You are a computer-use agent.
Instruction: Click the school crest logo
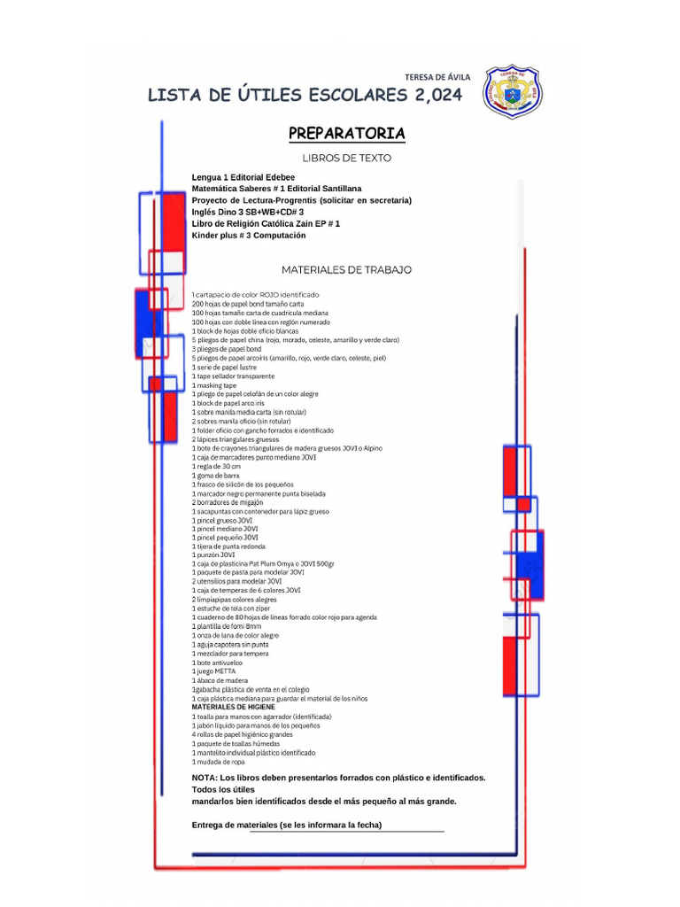tap(514, 91)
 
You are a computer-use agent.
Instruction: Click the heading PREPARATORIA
tap(346, 134)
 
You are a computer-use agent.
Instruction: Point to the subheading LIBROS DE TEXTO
tap(346, 159)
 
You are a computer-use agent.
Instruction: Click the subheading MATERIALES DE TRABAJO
tap(346, 269)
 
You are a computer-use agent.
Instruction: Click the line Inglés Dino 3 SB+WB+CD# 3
tap(247, 213)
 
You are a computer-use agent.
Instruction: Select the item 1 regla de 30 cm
tap(216, 466)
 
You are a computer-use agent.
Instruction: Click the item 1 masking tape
tap(214, 385)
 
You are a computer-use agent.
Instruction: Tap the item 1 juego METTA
tap(214, 671)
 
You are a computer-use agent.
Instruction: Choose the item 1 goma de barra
tap(215, 475)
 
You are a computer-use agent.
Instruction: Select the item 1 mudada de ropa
tap(218, 762)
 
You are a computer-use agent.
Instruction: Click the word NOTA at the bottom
tap(205, 778)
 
